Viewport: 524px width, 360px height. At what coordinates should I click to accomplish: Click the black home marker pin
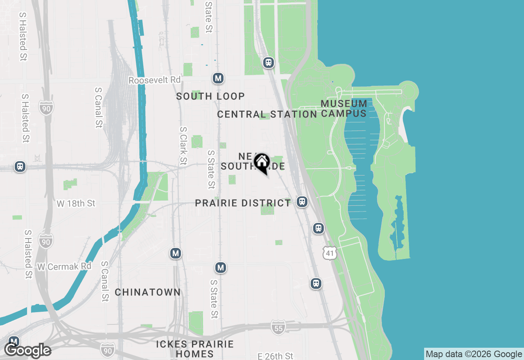[262, 163]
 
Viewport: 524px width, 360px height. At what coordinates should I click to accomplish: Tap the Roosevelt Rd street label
[154, 80]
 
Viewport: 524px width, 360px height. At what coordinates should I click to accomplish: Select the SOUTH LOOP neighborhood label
[210, 96]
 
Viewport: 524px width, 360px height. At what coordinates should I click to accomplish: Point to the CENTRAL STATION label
[267, 114]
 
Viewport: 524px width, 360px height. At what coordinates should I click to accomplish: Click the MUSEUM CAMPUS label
[344, 108]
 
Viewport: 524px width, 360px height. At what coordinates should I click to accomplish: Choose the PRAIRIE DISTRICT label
[243, 203]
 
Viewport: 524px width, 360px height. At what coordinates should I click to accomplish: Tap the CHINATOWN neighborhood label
[147, 292]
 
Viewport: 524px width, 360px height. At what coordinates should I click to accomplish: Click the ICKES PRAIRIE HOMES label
[195, 349]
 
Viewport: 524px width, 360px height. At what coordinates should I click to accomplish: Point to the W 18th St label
[76, 203]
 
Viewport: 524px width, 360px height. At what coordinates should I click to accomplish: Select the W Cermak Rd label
[64, 266]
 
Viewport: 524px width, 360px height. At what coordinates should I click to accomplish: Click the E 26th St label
[276, 356]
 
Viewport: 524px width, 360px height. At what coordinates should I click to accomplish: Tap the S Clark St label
[183, 146]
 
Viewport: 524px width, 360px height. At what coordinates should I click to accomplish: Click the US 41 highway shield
[330, 253]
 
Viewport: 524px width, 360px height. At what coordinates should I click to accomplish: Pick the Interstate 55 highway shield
[278, 328]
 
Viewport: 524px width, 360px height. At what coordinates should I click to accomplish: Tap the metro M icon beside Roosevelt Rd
[218, 78]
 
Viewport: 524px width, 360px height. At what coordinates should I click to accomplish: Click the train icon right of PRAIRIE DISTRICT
[302, 201]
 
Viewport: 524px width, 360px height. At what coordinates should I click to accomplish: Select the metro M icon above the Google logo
[14, 342]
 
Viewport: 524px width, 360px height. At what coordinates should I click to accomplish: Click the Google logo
[28, 351]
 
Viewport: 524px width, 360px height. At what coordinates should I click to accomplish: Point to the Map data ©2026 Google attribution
[474, 354]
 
